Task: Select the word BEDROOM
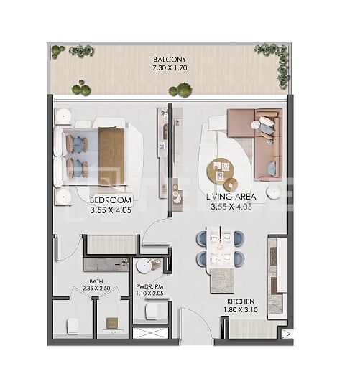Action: [111, 199]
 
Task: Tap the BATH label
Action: [95, 281]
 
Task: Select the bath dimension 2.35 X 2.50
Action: [95, 289]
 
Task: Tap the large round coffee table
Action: [221, 170]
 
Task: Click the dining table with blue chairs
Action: [221, 248]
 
